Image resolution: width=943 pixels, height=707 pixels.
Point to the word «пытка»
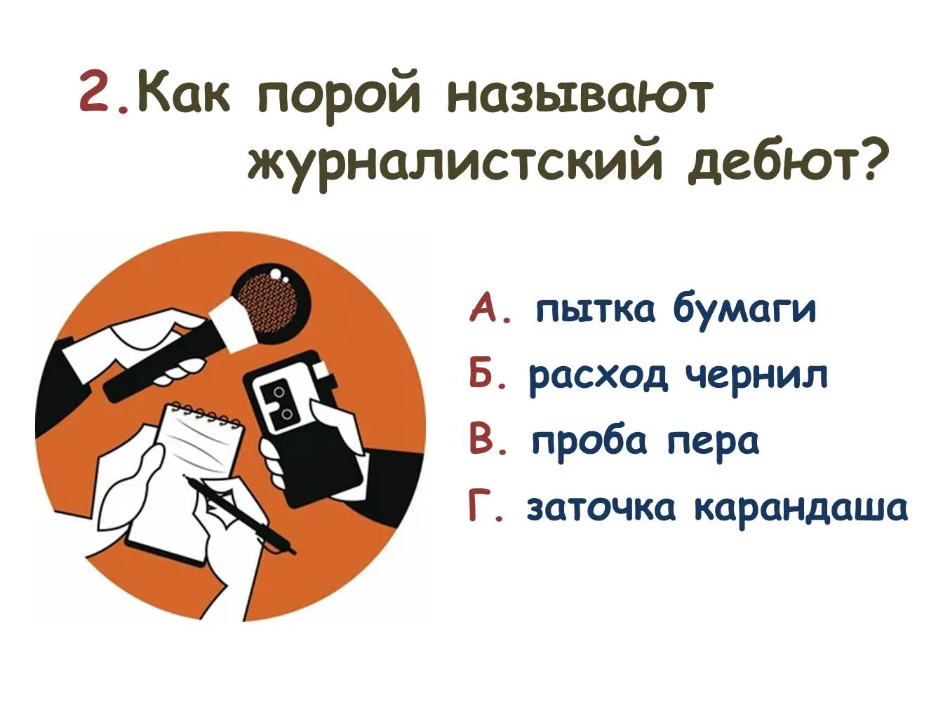[x=596, y=308]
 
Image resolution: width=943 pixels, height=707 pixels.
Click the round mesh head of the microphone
[x=269, y=302]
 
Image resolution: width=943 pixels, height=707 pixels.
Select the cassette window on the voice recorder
[x=282, y=400]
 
